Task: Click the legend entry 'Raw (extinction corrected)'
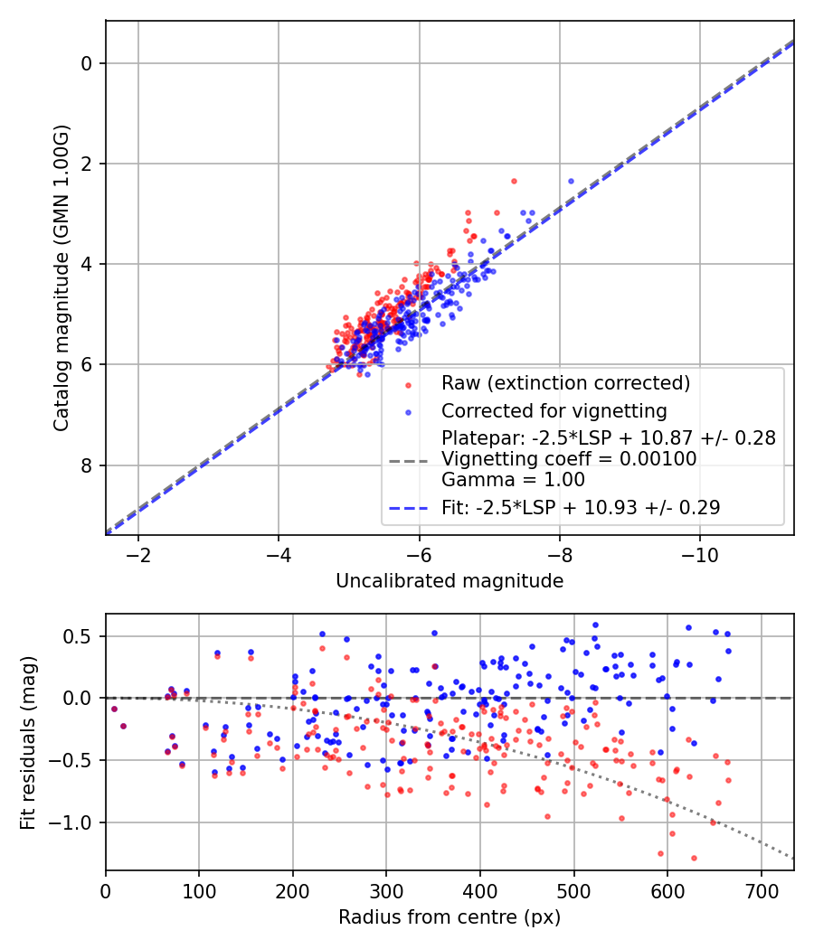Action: (565, 383)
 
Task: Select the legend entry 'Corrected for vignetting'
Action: (554, 411)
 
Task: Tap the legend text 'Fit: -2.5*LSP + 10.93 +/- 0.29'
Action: (581, 508)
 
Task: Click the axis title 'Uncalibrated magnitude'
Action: (450, 581)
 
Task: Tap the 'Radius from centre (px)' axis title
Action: (450, 917)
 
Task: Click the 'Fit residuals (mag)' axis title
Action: (28, 742)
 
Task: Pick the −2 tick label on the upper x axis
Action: (138, 553)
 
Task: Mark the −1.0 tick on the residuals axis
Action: (76, 822)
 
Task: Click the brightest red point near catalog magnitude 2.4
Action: (514, 181)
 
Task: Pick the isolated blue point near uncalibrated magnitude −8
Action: (571, 181)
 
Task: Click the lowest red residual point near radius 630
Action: (694, 858)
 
